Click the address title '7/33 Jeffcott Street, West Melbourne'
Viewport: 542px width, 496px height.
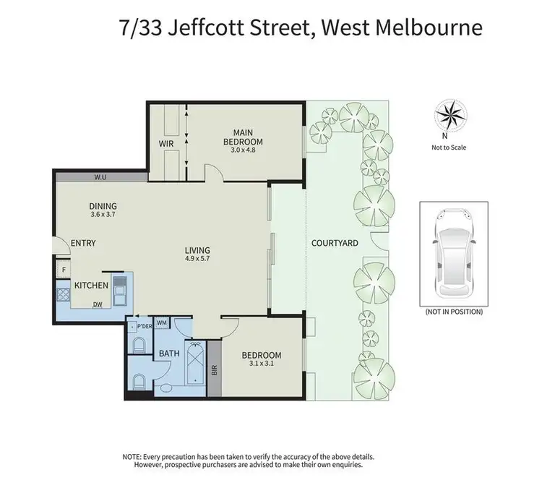[300, 28]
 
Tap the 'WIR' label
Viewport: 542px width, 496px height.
[166, 143]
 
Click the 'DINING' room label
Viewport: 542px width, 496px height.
[103, 205]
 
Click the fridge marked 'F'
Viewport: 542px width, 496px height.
[63, 269]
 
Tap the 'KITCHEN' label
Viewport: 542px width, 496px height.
[92, 285]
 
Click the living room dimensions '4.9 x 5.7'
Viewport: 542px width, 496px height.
[197, 258]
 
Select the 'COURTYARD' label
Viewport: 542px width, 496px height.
[335, 244]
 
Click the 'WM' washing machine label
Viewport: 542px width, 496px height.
[162, 322]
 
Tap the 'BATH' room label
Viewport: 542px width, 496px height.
[169, 354]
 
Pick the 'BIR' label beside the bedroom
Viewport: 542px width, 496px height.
[214, 370]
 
